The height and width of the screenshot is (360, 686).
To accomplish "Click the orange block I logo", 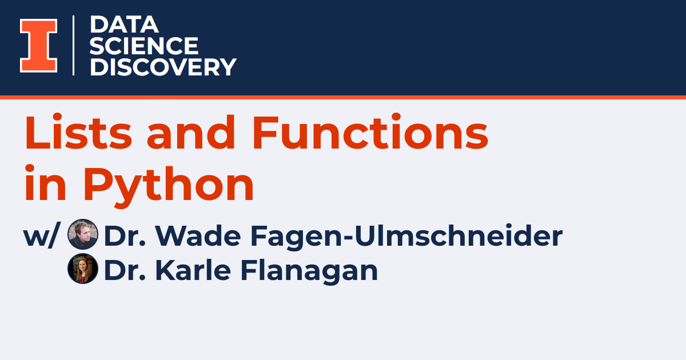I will pos(39,46).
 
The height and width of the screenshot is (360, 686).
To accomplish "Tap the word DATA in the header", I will pos(124,25).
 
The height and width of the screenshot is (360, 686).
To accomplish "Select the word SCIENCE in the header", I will pos(144,46).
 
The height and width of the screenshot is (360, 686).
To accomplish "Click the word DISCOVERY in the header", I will pos(163,67).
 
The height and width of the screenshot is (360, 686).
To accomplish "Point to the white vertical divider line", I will pos(74,45).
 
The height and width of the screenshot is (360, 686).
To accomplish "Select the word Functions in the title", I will pos(370,133).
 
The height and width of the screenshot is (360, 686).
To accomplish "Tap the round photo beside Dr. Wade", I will pos(83,235).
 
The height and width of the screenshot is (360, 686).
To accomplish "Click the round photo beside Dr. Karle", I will pos(83,269).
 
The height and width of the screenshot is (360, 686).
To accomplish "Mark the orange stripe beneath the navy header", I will pos(343,98).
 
